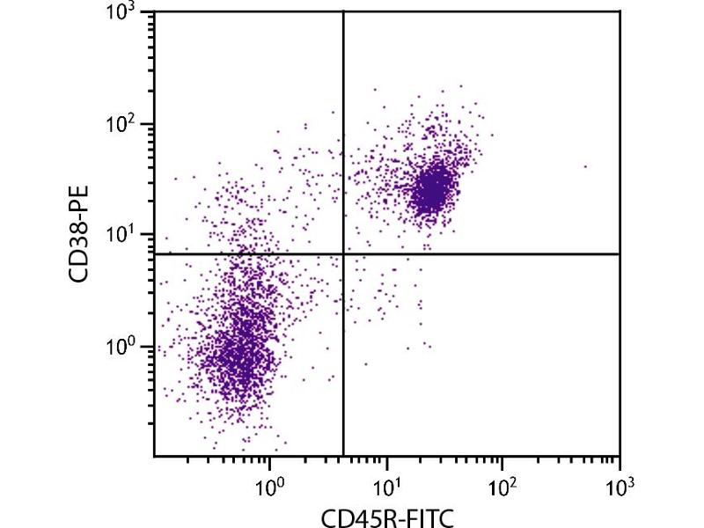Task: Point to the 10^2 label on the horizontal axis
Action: pos(502,483)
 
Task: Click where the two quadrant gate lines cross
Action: pos(342,254)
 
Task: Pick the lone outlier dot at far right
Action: pos(584,166)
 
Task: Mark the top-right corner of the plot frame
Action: pos(620,11)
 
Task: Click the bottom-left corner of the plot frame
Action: pos(154,456)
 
